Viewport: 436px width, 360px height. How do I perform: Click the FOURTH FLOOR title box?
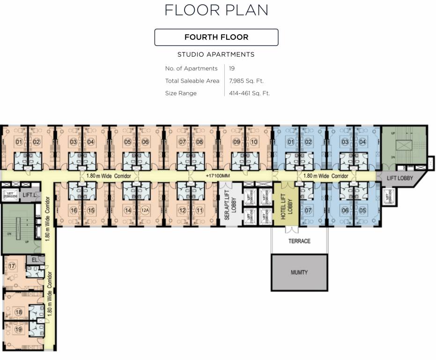coord(216,37)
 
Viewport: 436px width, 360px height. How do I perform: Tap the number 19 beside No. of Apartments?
coord(232,68)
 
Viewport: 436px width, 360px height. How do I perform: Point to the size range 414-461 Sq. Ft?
coord(249,93)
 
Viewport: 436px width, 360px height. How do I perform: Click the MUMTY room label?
coord(299,272)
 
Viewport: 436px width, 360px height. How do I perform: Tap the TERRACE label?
coord(299,241)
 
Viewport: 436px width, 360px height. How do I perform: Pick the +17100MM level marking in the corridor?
coord(218,176)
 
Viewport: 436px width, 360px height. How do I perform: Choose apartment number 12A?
coord(145,211)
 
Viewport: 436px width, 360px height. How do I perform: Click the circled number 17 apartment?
coord(12,266)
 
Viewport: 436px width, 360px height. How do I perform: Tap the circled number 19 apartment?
coord(18,329)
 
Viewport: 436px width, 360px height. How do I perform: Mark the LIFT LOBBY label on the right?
coord(399,178)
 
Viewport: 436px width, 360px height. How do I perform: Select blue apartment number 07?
coord(308,211)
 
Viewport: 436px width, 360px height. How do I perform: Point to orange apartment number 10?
coord(254,142)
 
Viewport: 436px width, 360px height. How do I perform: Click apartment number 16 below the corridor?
coord(74,211)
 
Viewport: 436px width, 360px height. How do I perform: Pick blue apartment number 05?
coord(362,211)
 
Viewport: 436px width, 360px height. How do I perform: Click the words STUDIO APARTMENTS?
coord(216,54)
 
